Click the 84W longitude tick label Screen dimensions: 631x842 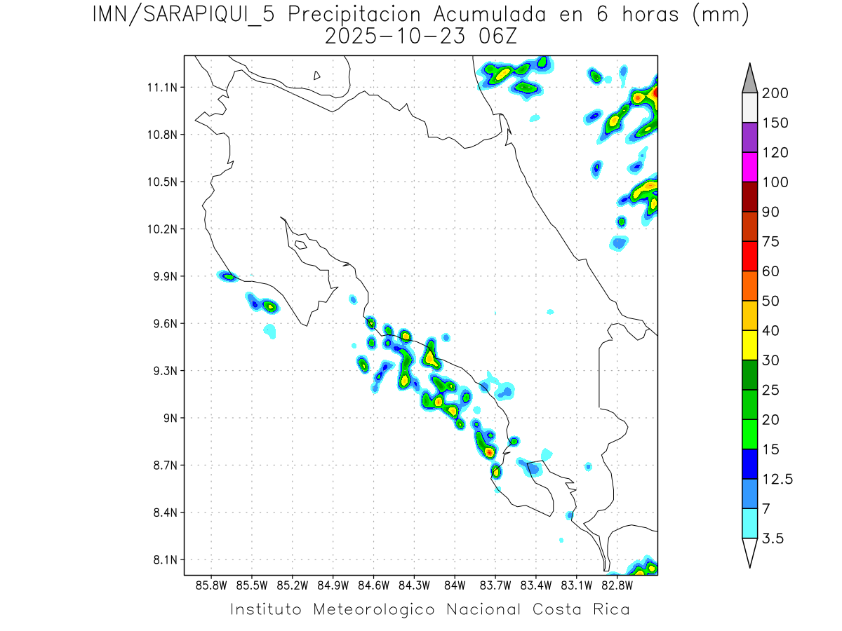point(455,585)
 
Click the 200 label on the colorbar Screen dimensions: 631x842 point(775,93)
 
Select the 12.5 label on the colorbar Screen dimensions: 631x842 point(777,479)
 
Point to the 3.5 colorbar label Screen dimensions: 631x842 point(773,538)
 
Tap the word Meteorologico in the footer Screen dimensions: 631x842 point(379,609)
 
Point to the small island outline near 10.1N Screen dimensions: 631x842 point(300,245)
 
